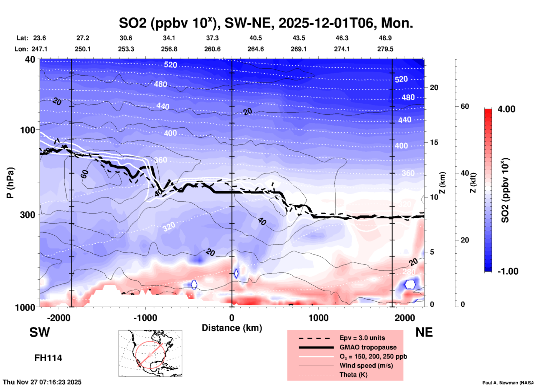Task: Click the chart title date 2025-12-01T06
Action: (x=326, y=23)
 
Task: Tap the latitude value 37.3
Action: (x=212, y=38)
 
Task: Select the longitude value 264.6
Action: (x=256, y=49)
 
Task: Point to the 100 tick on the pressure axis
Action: (x=28, y=130)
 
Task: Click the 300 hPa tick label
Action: (x=28, y=215)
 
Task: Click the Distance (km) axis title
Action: (x=232, y=328)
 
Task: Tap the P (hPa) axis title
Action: (x=10, y=183)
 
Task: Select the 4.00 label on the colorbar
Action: (x=506, y=109)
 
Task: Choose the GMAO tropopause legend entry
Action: (x=368, y=347)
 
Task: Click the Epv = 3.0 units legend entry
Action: (x=362, y=338)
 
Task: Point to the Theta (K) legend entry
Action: (x=353, y=375)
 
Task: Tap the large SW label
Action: (x=40, y=332)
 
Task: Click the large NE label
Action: (x=424, y=332)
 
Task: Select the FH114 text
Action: (x=48, y=358)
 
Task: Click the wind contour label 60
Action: (x=85, y=174)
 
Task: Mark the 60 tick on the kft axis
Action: (x=465, y=106)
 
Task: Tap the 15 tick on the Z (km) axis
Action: (x=434, y=142)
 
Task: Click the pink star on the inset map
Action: (x=150, y=354)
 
